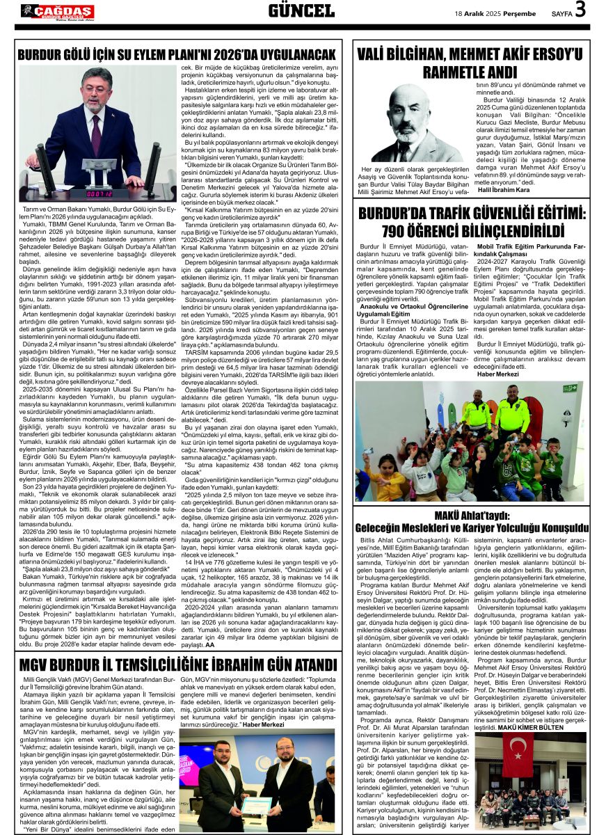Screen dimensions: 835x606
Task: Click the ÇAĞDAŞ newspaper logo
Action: point(58,11)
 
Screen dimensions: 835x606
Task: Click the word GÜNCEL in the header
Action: point(301,10)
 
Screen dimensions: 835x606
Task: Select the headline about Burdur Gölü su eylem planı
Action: point(177,54)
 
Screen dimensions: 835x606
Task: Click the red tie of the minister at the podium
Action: point(95,127)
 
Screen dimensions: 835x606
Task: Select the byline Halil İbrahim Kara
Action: point(504,190)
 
